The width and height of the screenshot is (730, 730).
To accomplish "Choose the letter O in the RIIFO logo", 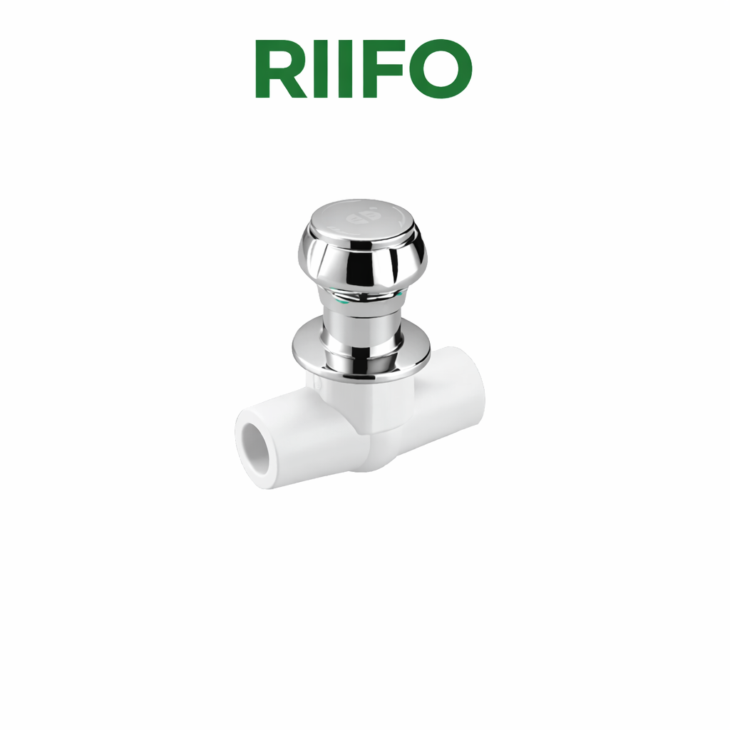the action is (x=441, y=68).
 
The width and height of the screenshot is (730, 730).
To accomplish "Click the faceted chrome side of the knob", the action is (x=363, y=263).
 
